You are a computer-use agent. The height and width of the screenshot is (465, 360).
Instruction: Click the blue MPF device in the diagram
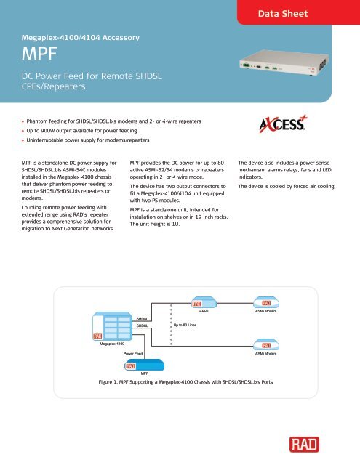135,364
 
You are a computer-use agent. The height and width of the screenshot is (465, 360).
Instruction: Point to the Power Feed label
133,352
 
